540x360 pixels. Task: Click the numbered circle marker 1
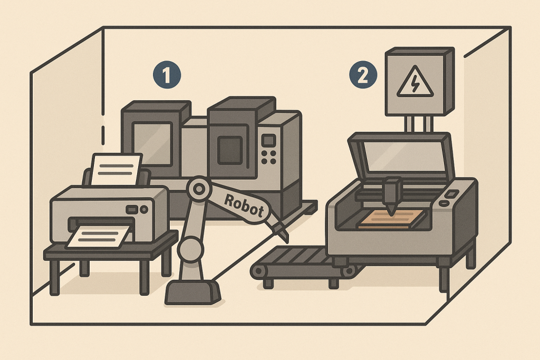point(167,75)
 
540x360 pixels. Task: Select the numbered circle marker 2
point(363,75)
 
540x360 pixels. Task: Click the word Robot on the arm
point(244,205)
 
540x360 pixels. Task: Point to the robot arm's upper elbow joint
point(199,189)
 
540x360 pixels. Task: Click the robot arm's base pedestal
point(192,293)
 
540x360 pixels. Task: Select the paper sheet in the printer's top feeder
point(116,169)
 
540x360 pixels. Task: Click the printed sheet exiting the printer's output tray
point(99,236)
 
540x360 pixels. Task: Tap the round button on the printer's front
point(144,209)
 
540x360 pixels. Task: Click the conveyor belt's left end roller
point(259,271)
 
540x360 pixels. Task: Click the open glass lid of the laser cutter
point(401,156)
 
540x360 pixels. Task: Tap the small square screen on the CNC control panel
point(268,140)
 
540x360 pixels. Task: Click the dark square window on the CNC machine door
point(230,150)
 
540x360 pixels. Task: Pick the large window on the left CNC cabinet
point(152,144)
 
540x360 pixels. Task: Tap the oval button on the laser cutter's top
point(444,203)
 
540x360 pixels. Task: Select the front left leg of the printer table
point(54,277)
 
